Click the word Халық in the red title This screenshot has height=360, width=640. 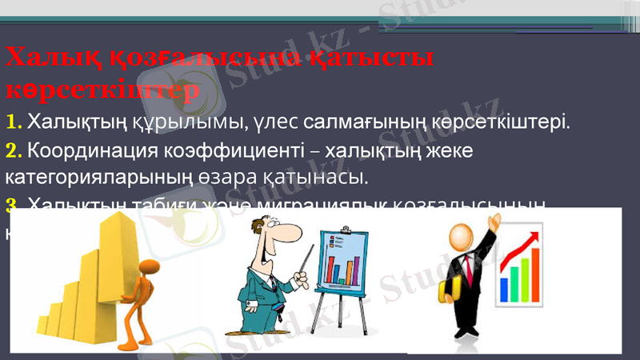(49, 58)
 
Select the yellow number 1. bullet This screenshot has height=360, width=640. (14, 122)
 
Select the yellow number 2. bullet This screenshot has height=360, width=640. (14, 150)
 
